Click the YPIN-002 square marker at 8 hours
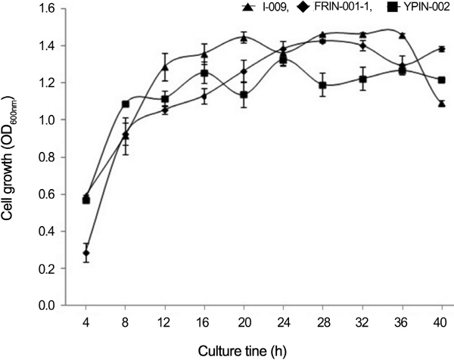pyautogui.click(x=126, y=104)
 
